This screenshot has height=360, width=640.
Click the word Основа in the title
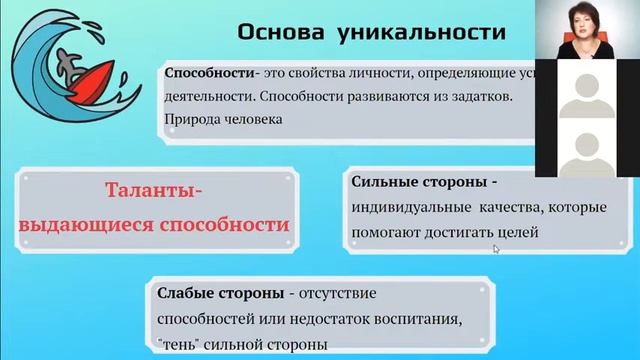(279, 32)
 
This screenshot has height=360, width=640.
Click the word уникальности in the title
(407, 32)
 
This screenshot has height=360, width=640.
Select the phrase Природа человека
(216, 119)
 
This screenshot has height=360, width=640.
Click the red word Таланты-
(155, 190)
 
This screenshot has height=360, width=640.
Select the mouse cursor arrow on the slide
(496, 249)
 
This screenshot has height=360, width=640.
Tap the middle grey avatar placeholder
(585, 96)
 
